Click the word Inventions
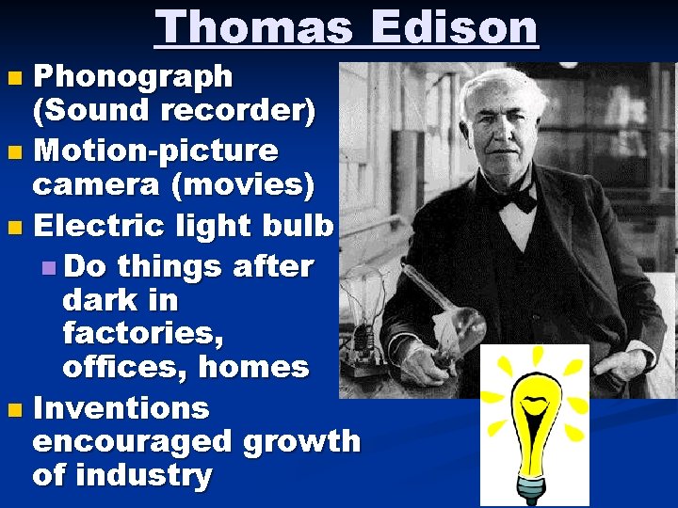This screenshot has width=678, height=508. pyautogui.click(x=121, y=409)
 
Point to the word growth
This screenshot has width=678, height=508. pyautogui.click(x=301, y=442)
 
